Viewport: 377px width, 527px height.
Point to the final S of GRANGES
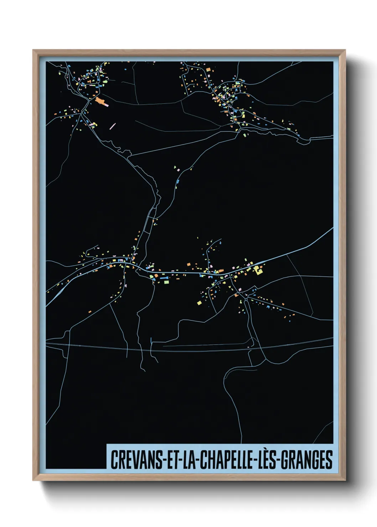(x=330, y=460)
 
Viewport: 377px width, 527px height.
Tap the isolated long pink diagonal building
(x=113, y=126)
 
